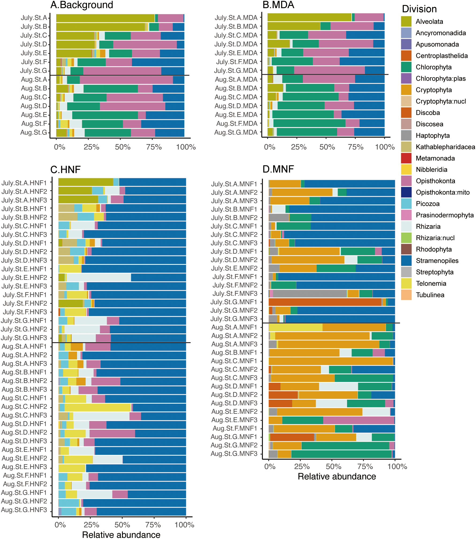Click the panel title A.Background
click(x=82, y=5)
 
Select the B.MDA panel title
click(x=278, y=5)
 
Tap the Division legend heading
click(x=419, y=9)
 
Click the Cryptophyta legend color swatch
click(x=406, y=90)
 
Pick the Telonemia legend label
click(x=431, y=283)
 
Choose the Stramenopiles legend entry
click(x=437, y=261)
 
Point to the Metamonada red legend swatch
click(x=406, y=158)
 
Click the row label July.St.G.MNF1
click(x=234, y=302)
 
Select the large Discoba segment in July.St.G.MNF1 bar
click(x=325, y=302)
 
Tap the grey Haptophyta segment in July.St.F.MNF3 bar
click(x=309, y=293)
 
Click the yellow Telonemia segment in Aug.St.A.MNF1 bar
click(x=295, y=328)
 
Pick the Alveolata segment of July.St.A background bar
click(x=105, y=18)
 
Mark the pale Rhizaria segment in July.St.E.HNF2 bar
click(x=98, y=277)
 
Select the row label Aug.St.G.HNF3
click(x=24, y=510)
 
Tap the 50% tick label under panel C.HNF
click(x=122, y=525)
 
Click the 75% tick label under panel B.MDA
click(x=356, y=147)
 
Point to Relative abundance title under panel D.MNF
click(x=337, y=476)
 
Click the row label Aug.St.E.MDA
click(x=236, y=115)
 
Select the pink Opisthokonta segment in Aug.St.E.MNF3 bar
click(x=358, y=420)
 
